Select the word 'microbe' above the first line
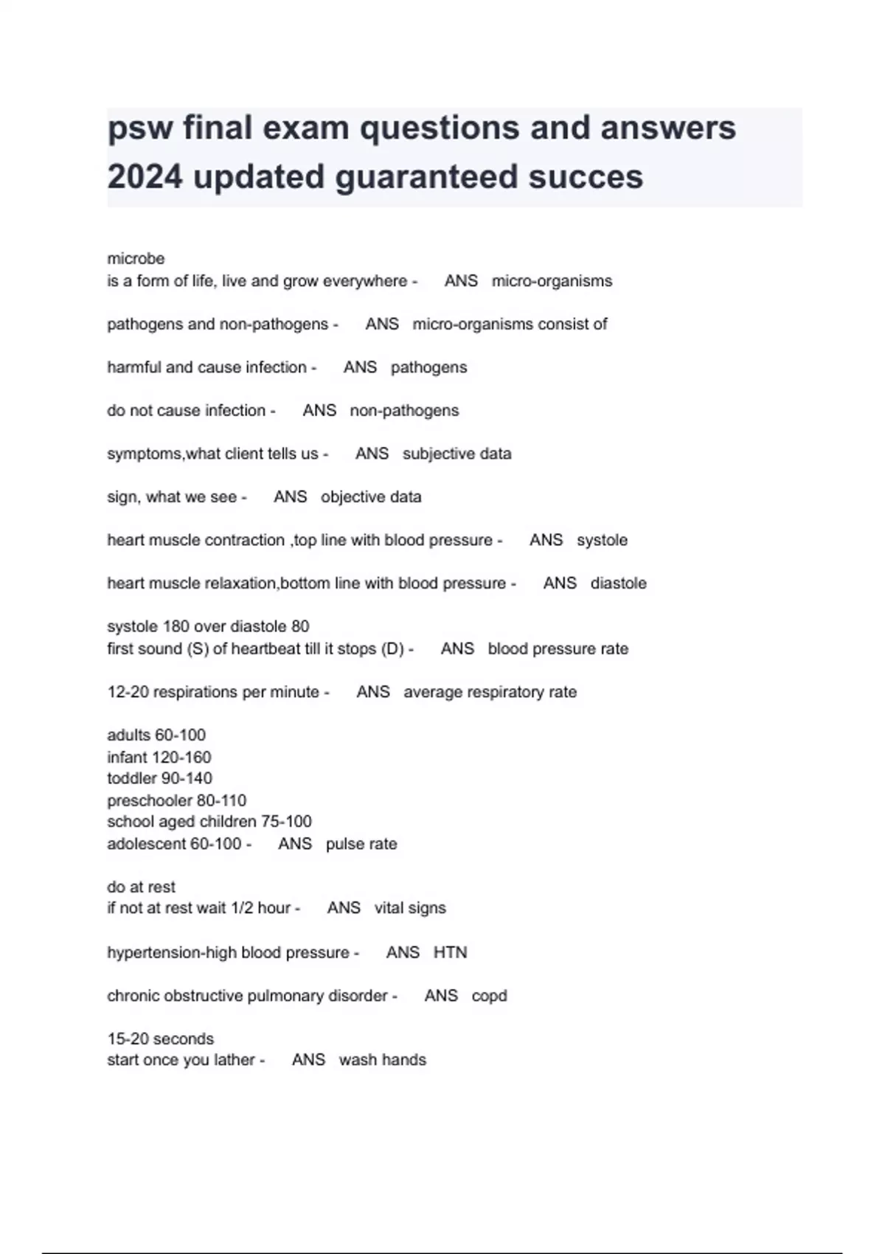pos(136,259)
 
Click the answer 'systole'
pos(602,540)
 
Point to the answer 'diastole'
pos(618,583)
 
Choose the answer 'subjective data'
pos(457,454)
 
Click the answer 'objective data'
pos(371,497)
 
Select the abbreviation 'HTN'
pos(450,952)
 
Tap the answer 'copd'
pos(489,996)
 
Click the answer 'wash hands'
pos(382,1060)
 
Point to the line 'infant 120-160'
pos(159,758)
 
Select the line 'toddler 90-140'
pos(159,778)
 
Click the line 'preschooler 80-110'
pos(176,800)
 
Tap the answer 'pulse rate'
pos(361,844)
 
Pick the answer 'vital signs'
pos(410,908)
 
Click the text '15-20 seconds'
pos(160,1039)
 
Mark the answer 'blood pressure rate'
pos(558,649)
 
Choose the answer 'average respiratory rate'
pos(490,692)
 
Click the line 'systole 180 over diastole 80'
pos(208,626)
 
